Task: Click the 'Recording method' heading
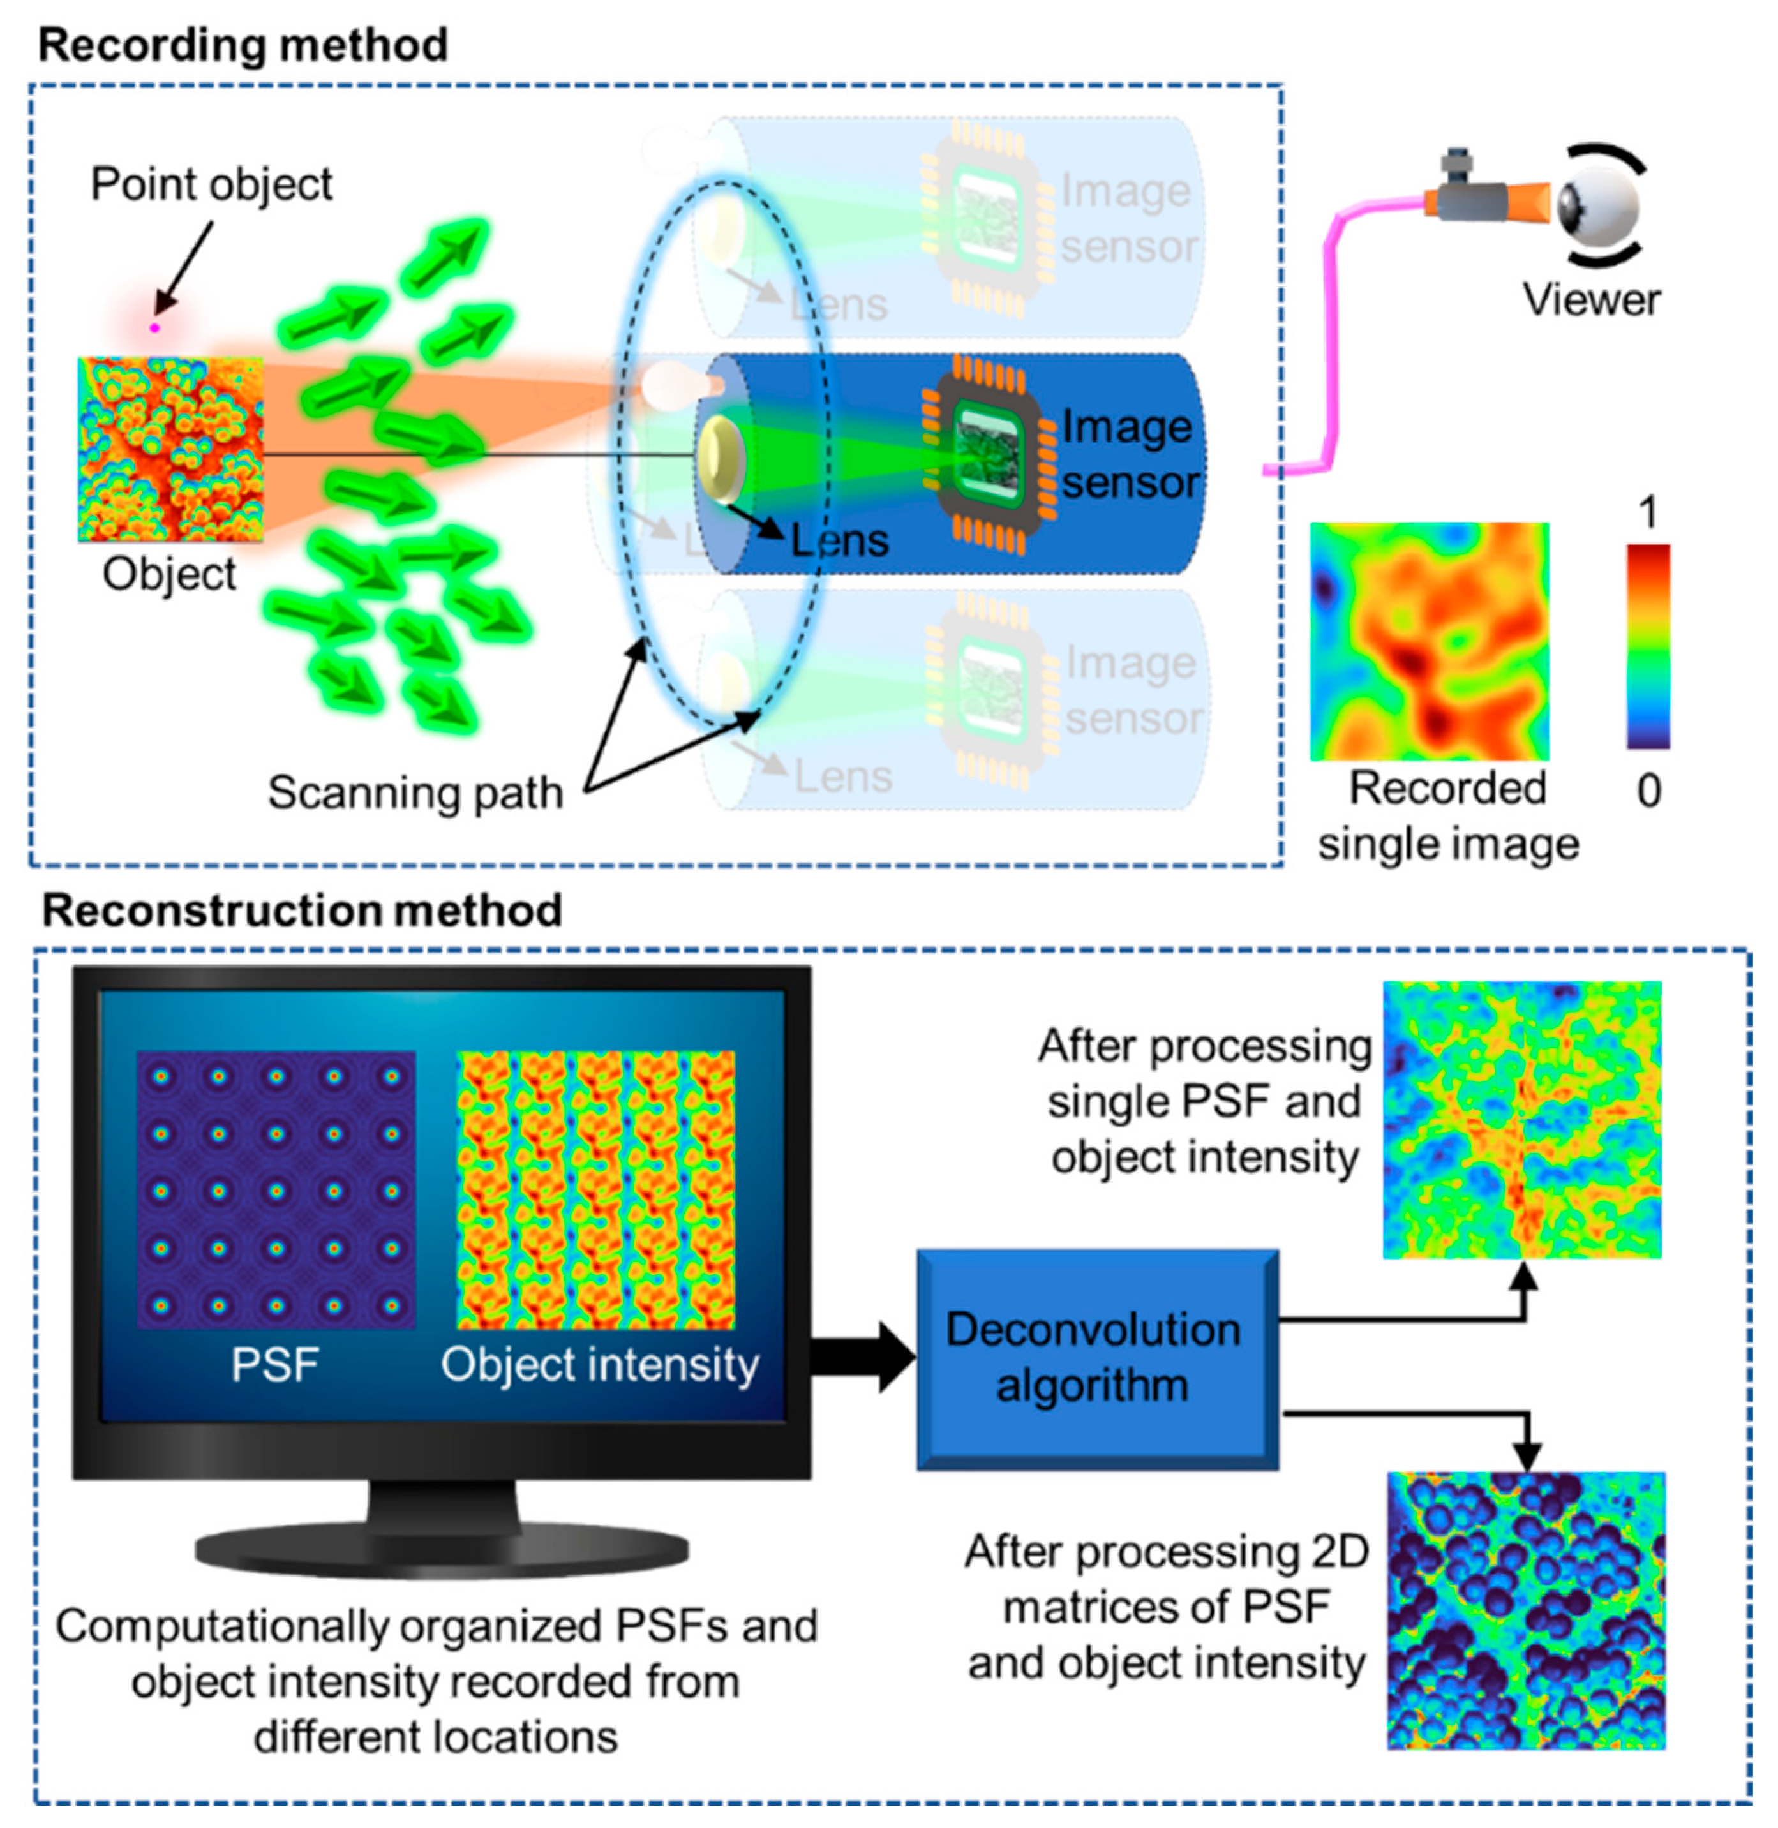pos(243,45)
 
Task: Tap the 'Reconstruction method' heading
pos(302,910)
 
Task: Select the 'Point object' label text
pos(211,184)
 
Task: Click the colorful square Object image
pos(170,449)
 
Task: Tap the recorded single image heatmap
pos(1429,641)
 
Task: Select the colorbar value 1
pos(1648,512)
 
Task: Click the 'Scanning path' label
pos(415,792)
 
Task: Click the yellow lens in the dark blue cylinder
pos(720,458)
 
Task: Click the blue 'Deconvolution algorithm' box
pos(1096,1358)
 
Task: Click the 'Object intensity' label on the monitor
pos(599,1365)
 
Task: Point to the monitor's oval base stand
pos(441,1550)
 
